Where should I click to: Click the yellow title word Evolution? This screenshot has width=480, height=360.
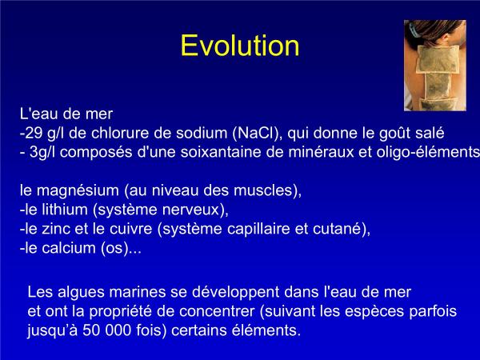(x=240, y=46)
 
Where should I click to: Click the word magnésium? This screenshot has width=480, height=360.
(x=78, y=190)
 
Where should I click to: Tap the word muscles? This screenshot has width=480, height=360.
(x=263, y=190)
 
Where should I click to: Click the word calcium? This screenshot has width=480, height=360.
(x=69, y=248)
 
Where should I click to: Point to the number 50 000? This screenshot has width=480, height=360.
(x=106, y=330)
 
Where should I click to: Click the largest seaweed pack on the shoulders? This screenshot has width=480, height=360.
(x=438, y=59)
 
